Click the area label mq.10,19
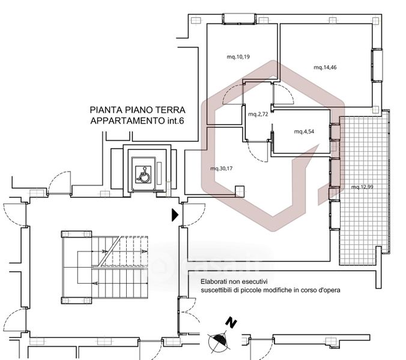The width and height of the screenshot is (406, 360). click(x=238, y=56)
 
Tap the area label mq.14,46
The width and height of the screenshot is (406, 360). click(x=325, y=67)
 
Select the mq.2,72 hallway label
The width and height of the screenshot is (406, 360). click(x=258, y=114)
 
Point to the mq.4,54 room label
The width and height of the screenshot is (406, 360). click(x=304, y=131)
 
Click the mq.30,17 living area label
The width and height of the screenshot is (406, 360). click(x=222, y=169)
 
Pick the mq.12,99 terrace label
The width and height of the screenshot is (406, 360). click(x=362, y=187)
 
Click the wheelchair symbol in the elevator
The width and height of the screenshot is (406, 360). click(x=143, y=175)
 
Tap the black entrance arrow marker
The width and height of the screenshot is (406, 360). click(x=175, y=215)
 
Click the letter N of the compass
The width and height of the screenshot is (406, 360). click(x=231, y=323)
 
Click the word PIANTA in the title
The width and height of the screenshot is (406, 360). click(x=106, y=110)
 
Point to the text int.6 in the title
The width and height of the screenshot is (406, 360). click(x=175, y=121)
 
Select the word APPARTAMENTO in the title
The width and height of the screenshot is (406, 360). click(x=127, y=121)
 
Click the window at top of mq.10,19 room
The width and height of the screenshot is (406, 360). click(x=239, y=19)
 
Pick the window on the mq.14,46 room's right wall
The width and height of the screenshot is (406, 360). click(x=377, y=65)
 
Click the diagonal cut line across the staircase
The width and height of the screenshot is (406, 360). click(x=110, y=251)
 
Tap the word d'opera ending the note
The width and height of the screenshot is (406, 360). click(x=330, y=290)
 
